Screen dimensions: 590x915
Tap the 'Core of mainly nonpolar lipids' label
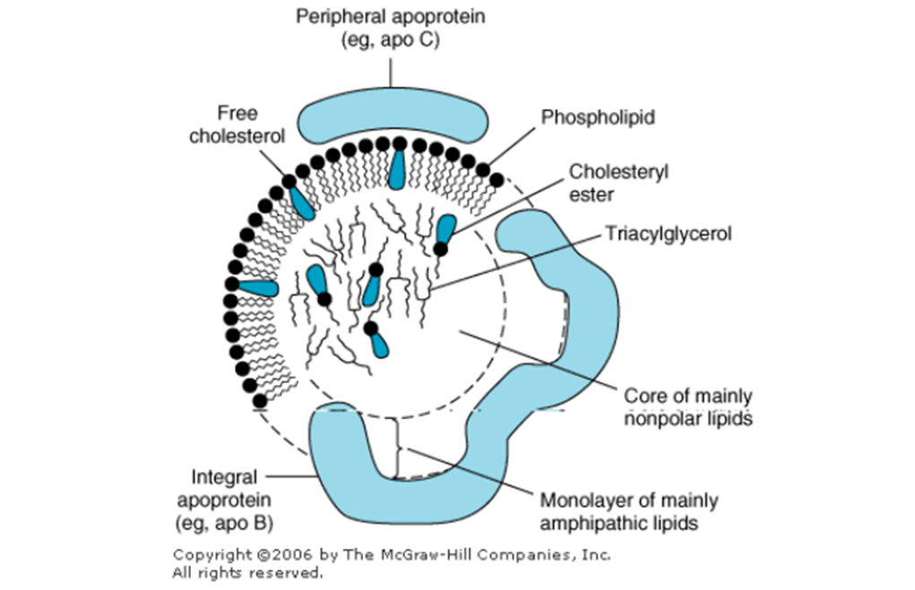coord(686,406)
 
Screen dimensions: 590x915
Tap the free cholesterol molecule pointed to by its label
coord(300,201)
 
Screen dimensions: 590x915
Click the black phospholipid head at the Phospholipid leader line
coord(484,168)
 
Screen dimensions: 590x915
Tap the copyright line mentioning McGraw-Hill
coord(391,554)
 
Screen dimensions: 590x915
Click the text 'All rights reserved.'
coord(247,571)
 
